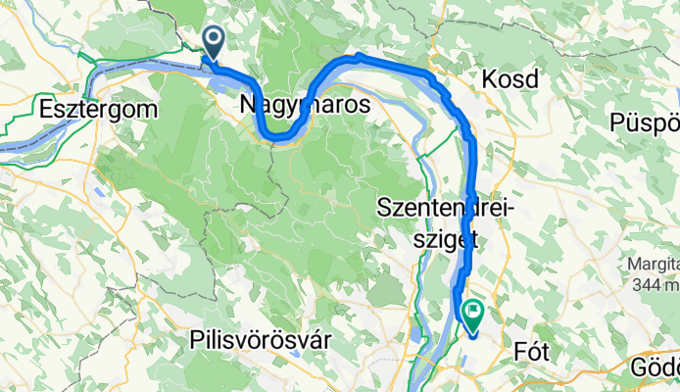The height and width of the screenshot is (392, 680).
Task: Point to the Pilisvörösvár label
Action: click(x=260, y=338)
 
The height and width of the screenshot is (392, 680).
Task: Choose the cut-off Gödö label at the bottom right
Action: click(x=655, y=367)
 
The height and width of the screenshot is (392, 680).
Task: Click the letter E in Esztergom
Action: click(x=46, y=109)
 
